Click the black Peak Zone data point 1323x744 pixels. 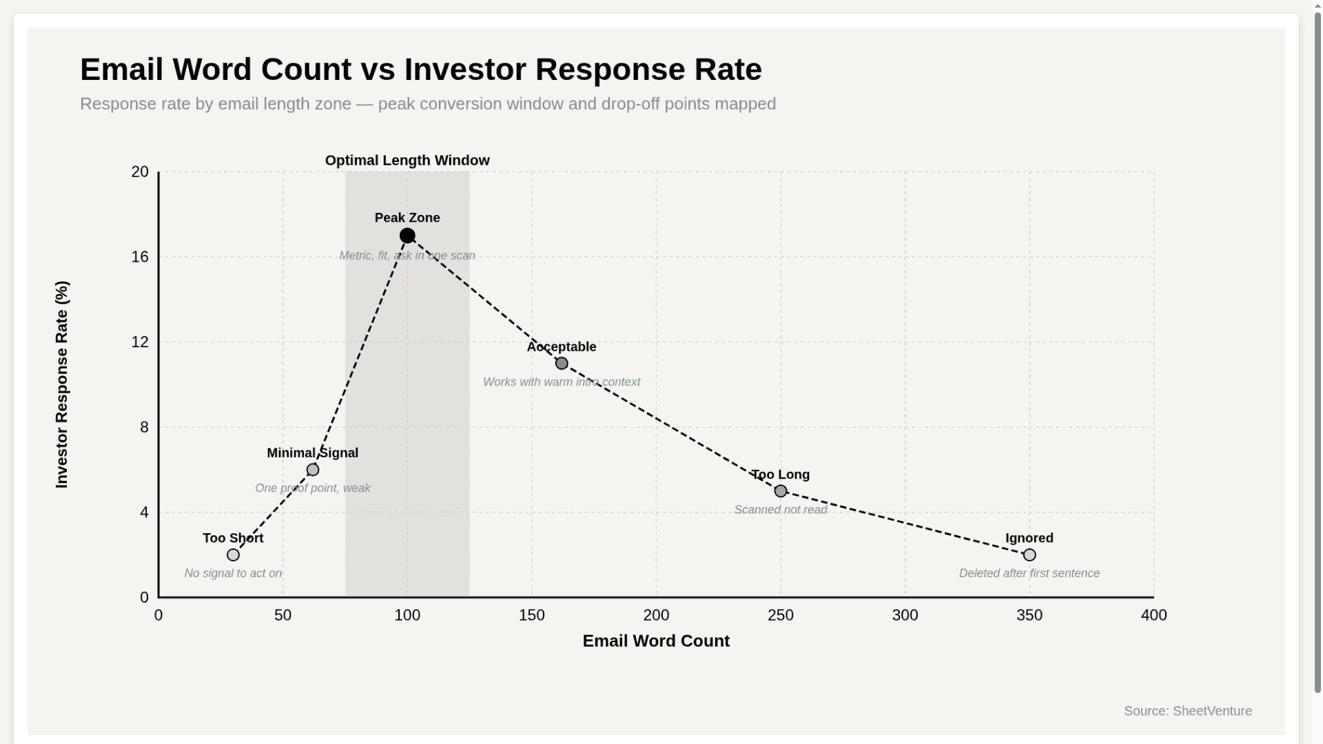tap(407, 236)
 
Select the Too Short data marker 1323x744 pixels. tap(233, 555)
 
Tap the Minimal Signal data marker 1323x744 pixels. tap(313, 470)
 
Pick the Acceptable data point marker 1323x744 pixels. tap(562, 363)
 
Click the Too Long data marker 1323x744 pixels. tap(781, 491)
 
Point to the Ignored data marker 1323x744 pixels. tap(1029, 555)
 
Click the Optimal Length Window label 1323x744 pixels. tap(407, 161)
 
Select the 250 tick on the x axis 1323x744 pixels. tap(781, 615)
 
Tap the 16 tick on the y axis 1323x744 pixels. tap(140, 257)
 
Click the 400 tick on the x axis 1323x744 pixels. tap(1153, 615)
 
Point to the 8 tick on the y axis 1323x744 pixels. tap(144, 427)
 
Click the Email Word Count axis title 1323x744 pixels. tap(656, 641)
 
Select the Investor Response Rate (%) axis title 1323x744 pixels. tap(62, 384)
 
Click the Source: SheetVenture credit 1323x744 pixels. tap(1187, 711)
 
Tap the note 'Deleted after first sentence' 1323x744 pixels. tap(1029, 573)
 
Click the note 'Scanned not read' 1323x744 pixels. tap(780, 510)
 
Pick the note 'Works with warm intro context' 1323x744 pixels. tap(562, 382)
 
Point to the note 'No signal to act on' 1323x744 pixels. tap(233, 573)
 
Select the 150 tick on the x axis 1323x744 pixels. tap(531, 615)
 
